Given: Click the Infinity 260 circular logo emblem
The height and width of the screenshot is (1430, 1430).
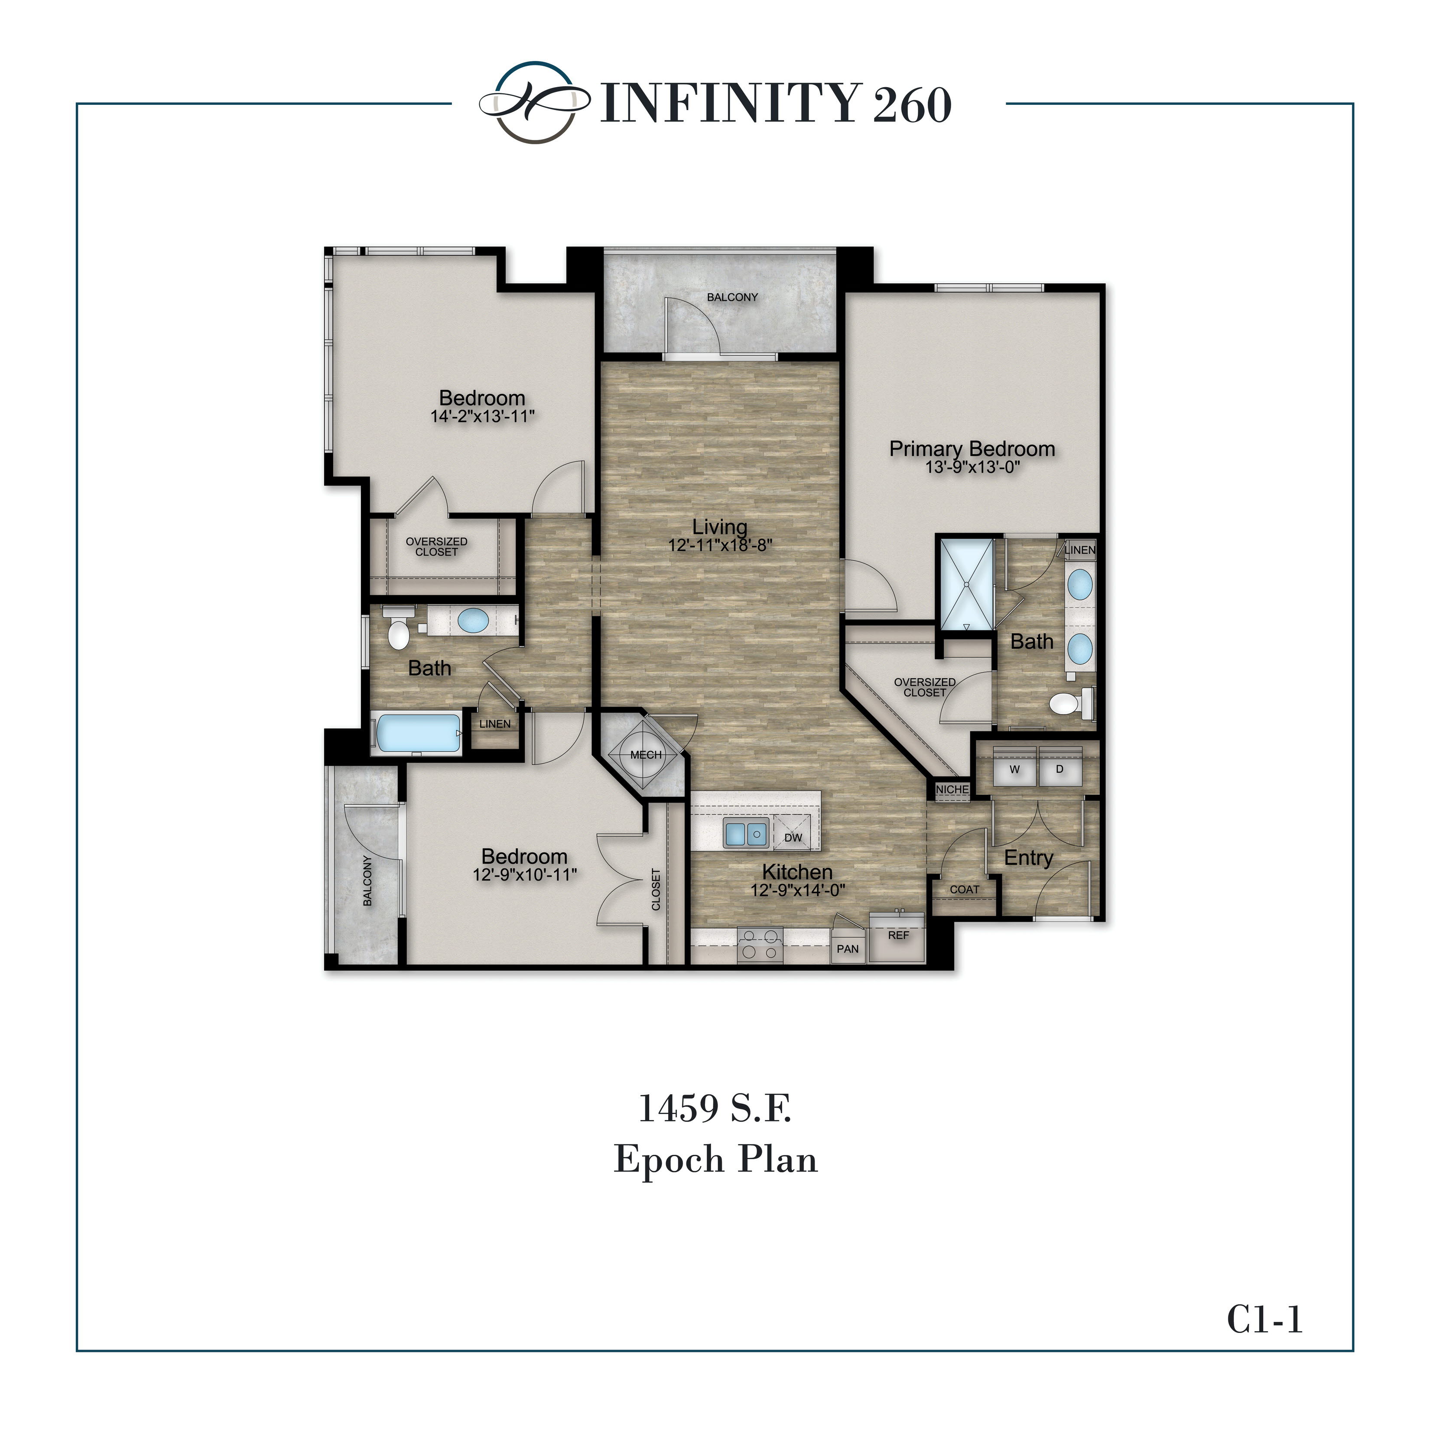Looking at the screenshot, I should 534,102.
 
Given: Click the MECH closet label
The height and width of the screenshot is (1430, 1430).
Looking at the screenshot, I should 645,755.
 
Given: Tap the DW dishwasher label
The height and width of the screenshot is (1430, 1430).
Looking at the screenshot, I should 793,837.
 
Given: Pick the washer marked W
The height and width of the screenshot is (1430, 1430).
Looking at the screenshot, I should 1014,770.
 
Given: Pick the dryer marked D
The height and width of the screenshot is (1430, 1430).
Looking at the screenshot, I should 1059,770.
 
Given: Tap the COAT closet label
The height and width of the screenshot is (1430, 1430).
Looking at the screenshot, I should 964,889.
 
